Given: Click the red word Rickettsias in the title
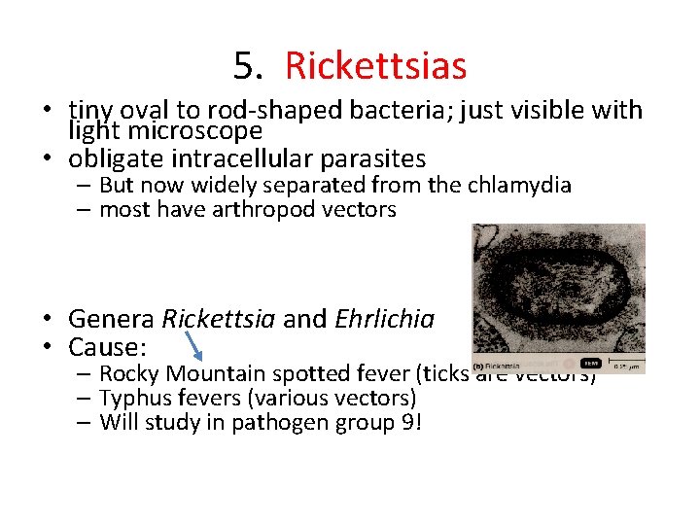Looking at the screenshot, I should pyautogui.click(x=375, y=66).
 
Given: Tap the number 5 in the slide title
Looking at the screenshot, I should pyautogui.click(x=247, y=66).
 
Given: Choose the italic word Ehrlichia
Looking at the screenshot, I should pyautogui.click(x=385, y=318).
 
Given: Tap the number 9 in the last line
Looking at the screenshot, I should pyautogui.click(x=410, y=422).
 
